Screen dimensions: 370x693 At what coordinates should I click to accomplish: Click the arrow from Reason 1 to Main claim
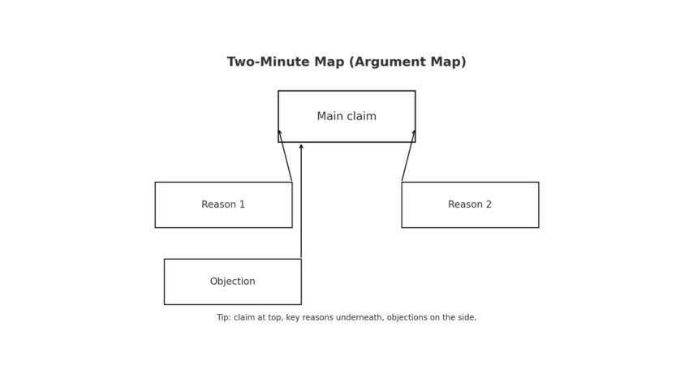tap(286, 157)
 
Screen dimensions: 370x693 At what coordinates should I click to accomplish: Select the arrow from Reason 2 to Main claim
tap(407, 157)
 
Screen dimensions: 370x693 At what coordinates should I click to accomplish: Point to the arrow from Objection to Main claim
tap(301, 203)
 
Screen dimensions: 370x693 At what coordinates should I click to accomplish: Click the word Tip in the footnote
tap(223, 318)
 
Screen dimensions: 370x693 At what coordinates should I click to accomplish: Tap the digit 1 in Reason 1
tap(242, 205)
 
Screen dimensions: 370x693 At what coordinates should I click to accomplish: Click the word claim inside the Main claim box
tap(362, 117)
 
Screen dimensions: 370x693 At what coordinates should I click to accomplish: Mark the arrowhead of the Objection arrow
tap(301, 147)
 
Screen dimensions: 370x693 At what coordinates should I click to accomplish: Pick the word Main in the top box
tap(329, 117)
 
